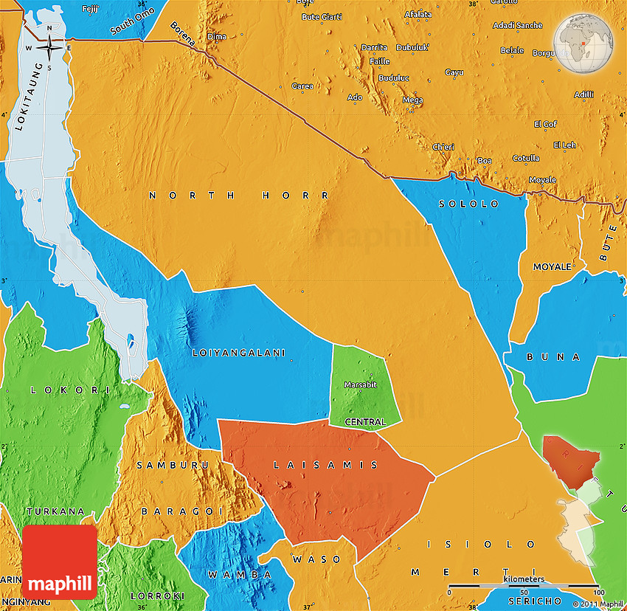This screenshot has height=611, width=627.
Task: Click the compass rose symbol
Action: click(x=49, y=47)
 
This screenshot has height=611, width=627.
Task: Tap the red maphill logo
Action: click(x=60, y=562)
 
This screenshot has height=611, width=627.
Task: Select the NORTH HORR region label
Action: click(x=240, y=196)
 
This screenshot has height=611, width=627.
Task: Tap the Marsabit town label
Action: click(x=360, y=384)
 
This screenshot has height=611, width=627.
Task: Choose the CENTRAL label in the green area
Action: click(x=365, y=422)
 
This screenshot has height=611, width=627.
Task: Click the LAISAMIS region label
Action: click(x=325, y=465)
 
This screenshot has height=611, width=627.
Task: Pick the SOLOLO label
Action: click(x=468, y=204)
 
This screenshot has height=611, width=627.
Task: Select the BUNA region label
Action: click(x=553, y=357)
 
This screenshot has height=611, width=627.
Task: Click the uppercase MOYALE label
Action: click(x=552, y=266)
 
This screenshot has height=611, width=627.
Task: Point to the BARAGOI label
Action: click(x=174, y=511)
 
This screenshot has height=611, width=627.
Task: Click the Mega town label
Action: click(x=412, y=100)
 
